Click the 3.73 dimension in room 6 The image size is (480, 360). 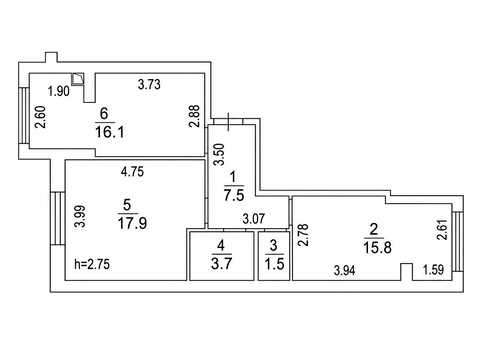coord(149,84)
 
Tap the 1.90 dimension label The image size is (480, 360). coord(59,91)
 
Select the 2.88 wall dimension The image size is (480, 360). coord(194,116)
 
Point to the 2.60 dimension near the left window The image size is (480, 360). coord(42,117)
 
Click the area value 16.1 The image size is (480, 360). coord(110,132)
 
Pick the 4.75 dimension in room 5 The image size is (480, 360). coord(132,171)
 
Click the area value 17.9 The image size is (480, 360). coord(132,223)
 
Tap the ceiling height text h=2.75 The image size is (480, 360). coord(92,264)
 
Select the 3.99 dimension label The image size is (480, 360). coord(80,216)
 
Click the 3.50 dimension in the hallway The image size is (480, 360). coord(219,154)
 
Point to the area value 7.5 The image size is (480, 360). coord(234,195)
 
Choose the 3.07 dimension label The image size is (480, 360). coord(254,219)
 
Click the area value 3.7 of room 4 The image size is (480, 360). coord(221,264)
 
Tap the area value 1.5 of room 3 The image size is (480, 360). coord(275,264)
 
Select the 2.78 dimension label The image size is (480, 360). coord(303,235)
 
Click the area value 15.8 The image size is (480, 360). coord(377,248)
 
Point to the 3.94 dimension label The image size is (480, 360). coord(345,270)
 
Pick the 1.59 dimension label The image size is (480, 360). coord(433,269)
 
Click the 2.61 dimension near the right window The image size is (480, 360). coord(442,230)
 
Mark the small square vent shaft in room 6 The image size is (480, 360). coord(78,79)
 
